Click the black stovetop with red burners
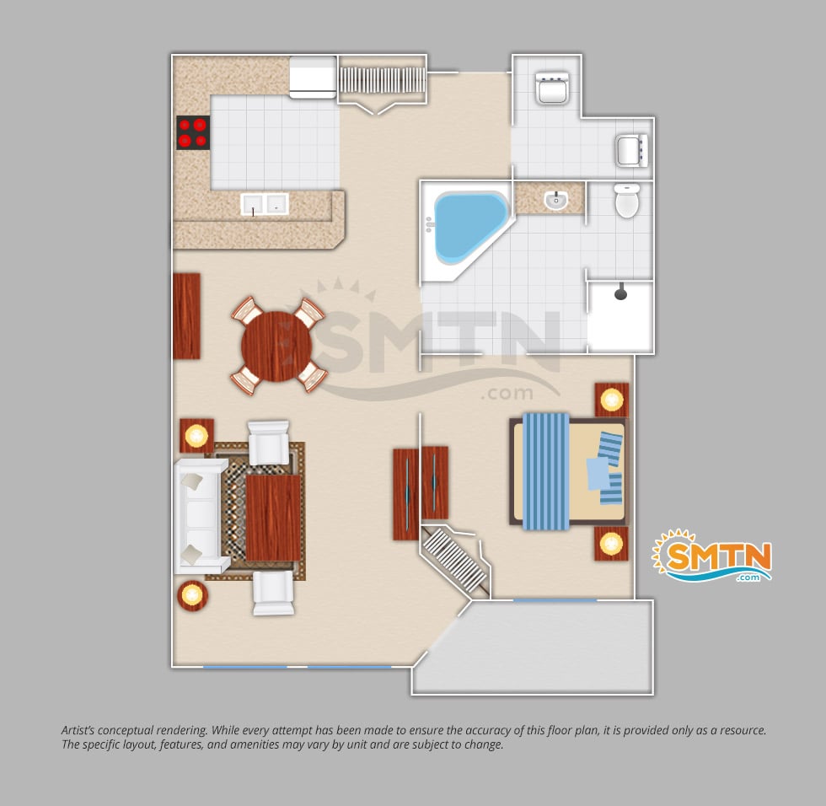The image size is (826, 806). (x=193, y=132)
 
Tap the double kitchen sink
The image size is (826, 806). (x=265, y=204)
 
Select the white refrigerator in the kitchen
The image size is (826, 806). (x=313, y=78)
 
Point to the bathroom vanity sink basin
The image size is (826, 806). (x=555, y=200)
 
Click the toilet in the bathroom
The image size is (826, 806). (x=627, y=200)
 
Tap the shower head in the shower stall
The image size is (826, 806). (x=621, y=292)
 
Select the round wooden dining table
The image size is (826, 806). (x=276, y=347)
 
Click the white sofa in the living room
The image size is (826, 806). (x=201, y=516)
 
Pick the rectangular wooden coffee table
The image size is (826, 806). (x=273, y=518)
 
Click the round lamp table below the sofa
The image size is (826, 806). (x=192, y=596)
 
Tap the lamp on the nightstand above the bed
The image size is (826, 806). (x=612, y=400)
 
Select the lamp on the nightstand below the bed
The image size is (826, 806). (x=611, y=543)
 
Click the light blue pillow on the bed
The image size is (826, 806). (x=598, y=474)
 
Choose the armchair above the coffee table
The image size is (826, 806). (x=269, y=443)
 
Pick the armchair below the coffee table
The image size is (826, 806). (x=273, y=593)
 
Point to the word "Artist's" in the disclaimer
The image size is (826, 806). (x=78, y=730)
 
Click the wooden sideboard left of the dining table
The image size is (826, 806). (x=186, y=316)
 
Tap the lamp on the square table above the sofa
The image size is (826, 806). (x=196, y=436)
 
